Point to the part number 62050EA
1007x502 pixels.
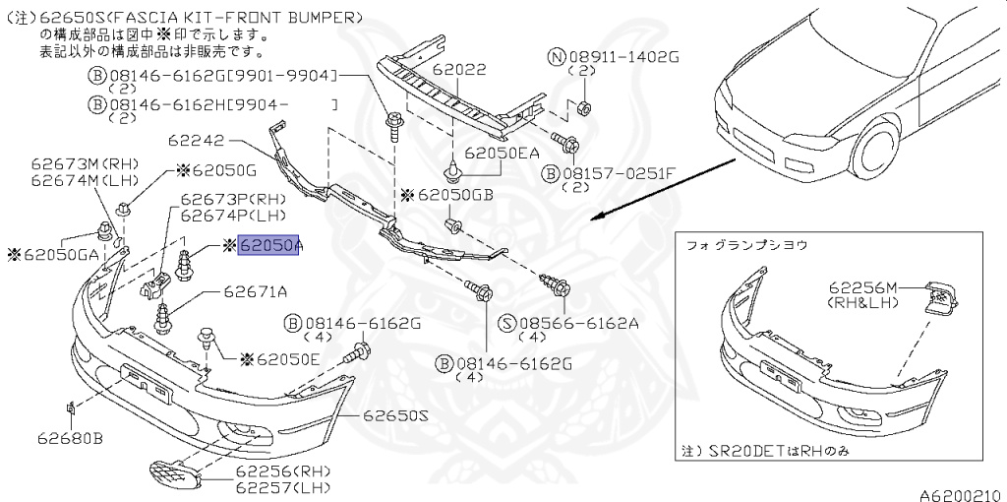pos(503,154)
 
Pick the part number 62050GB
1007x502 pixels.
pos(455,195)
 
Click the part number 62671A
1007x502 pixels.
pos(255,291)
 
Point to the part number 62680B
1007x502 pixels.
pos(71,438)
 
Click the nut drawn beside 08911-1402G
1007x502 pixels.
pos(580,105)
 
